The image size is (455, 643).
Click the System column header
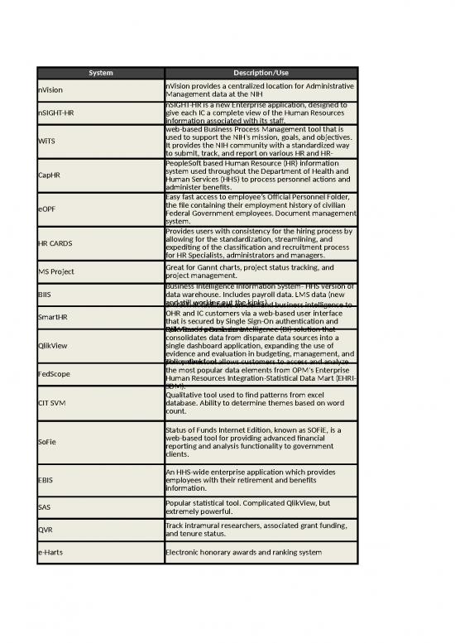pyautogui.click(x=100, y=73)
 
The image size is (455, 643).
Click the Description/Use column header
pyautogui.click(x=261, y=73)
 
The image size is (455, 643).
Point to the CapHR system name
pyautogui.click(x=49, y=175)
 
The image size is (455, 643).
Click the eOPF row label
pyautogui.click(x=47, y=209)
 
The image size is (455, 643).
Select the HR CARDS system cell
pyautogui.click(x=55, y=244)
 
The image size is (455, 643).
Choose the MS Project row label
pyautogui.click(x=55, y=271)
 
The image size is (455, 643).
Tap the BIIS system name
pyautogui.click(x=45, y=294)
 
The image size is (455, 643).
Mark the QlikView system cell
pyautogui.click(x=53, y=346)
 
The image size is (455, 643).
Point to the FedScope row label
pyautogui.click(x=54, y=374)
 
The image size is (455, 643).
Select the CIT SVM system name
pyautogui.click(x=52, y=403)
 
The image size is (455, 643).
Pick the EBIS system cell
pyautogui.click(x=45, y=479)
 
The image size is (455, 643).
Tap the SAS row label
pyautogui.click(x=45, y=506)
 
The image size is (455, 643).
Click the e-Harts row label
pyautogui.click(x=50, y=551)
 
